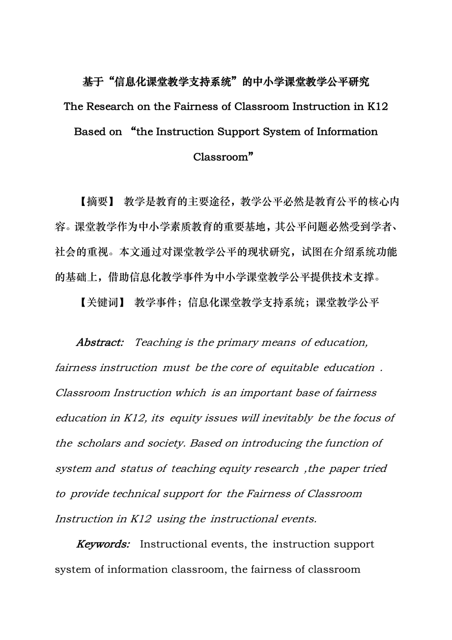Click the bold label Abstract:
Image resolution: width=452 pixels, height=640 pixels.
[x=100, y=343]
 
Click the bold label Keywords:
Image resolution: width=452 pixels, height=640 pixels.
[x=103, y=544]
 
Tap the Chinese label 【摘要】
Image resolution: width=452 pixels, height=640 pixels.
[x=96, y=202]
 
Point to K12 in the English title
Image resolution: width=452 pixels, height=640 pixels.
[x=378, y=107]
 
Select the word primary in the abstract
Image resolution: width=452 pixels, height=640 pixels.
[x=238, y=343]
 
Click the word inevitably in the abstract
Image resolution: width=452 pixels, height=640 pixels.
[x=287, y=418]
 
